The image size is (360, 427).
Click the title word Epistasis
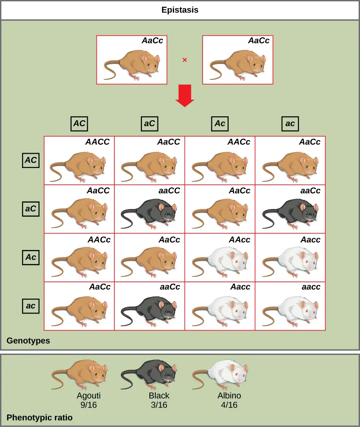(x=180, y=9)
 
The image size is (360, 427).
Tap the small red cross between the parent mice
(x=184, y=59)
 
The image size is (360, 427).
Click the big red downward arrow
(x=184, y=95)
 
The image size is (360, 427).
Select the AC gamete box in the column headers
(x=79, y=123)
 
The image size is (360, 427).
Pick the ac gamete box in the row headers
(x=31, y=306)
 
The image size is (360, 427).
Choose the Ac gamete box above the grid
(x=220, y=123)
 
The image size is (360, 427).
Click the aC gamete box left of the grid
(x=31, y=209)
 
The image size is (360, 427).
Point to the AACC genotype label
(x=97, y=142)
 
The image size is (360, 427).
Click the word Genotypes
(x=28, y=341)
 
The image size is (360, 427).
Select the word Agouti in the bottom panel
(x=89, y=396)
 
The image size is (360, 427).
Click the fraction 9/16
(x=89, y=405)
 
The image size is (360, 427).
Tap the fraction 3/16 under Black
(x=159, y=405)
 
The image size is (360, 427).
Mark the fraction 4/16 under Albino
(x=229, y=405)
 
